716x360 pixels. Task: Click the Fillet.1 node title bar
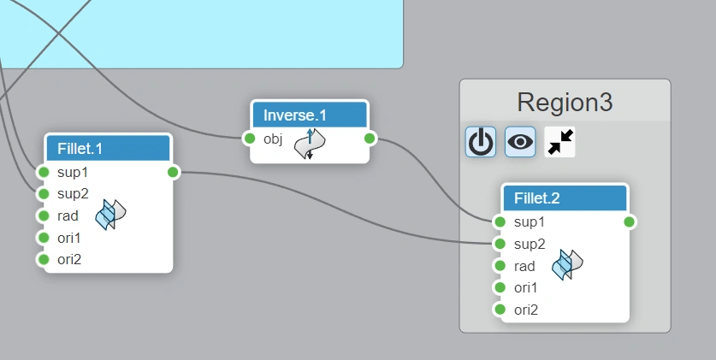(x=108, y=148)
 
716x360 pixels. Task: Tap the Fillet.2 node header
(x=565, y=198)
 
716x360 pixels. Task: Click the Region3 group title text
(x=565, y=103)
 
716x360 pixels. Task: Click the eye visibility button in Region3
(x=520, y=142)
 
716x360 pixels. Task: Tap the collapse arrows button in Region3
(x=559, y=142)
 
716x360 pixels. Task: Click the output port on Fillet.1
(x=173, y=172)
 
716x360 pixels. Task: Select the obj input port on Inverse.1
(x=250, y=139)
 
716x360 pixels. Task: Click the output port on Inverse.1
(x=370, y=139)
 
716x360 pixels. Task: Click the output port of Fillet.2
(x=630, y=222)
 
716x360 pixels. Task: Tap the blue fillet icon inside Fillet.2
(x=566, y=264)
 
